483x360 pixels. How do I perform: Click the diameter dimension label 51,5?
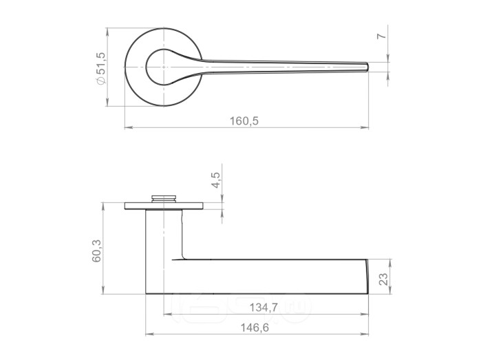(x=100, y=63)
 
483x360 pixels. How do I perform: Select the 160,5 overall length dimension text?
(x=244, y=121)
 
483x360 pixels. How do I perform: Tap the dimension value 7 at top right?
(x=381, y=36)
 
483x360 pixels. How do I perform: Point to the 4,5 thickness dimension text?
(x=215, y=180)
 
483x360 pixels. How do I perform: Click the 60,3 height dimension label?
(x=96, y=251)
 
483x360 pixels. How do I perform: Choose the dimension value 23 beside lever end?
(x=383, y=279)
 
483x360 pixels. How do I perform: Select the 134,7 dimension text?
(x=264, y=307)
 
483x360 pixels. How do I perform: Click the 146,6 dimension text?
(x=255, y=328)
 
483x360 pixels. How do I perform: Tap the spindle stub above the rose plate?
(x=164, y=198)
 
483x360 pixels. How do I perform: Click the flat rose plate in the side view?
(x=164, y=206)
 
